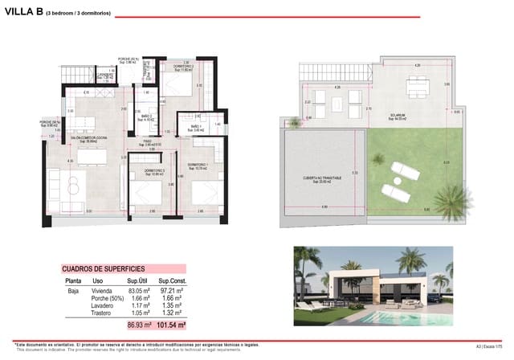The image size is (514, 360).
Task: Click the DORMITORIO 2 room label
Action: [177, 67]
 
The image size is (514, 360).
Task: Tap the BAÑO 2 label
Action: [147, 117]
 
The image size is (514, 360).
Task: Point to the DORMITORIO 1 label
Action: [197, 165]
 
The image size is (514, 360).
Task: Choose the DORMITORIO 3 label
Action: [155, 170]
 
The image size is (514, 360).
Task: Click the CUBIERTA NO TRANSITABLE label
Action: [322, 178]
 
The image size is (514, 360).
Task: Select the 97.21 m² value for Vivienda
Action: [173, 290]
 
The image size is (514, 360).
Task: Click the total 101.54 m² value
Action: [171, 325]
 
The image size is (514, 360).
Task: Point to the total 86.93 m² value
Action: [140, 325]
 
